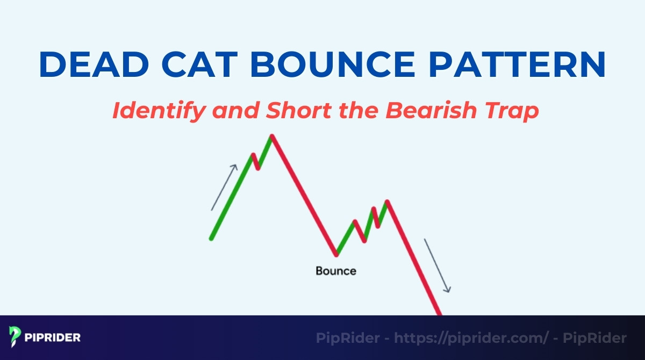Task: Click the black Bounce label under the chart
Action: pyautogui.click(x=335, y=271)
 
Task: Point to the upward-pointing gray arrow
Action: pyautogui.click(x=224, y=187)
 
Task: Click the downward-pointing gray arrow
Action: pyautogui.click(x=438, y=265)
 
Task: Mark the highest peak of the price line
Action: pyautogui.click(x=272, y=136)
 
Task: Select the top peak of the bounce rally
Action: pyautogui.click(x=386, y=201)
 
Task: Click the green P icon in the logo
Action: pyautogui.click(x=15, y=337)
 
